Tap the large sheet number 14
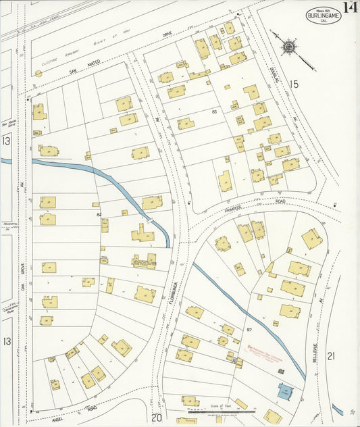click(350, 9)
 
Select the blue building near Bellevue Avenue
click(284, 391)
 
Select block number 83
click(215, 111)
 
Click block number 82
click(99, 214)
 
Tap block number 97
click(249, 330)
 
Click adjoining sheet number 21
click(331, 355)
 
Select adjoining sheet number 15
click(293, 84)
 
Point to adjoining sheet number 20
click(157, 418)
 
